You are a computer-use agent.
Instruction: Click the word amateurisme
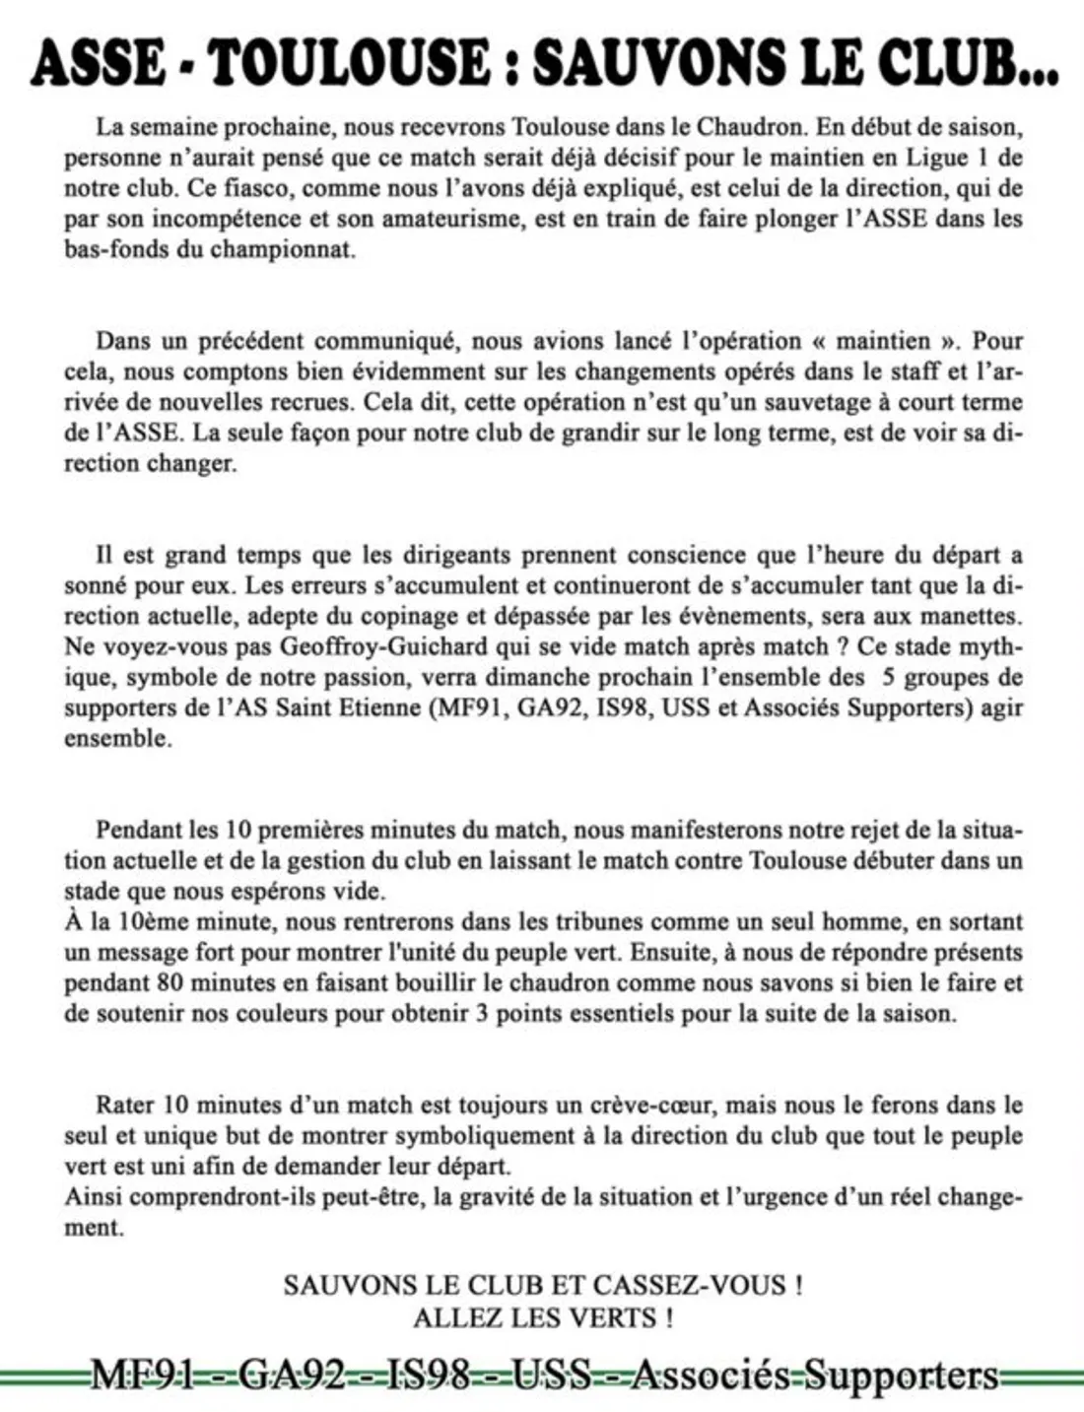pos(453,218)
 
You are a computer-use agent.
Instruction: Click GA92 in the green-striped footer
pos(292,1376)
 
